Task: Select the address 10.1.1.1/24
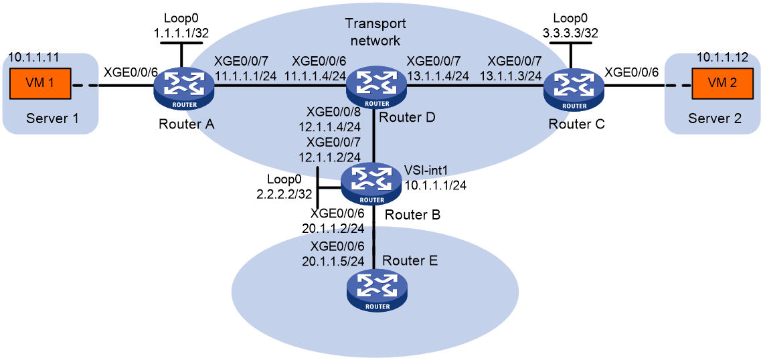point(434,186)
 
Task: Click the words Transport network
point(375,31)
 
